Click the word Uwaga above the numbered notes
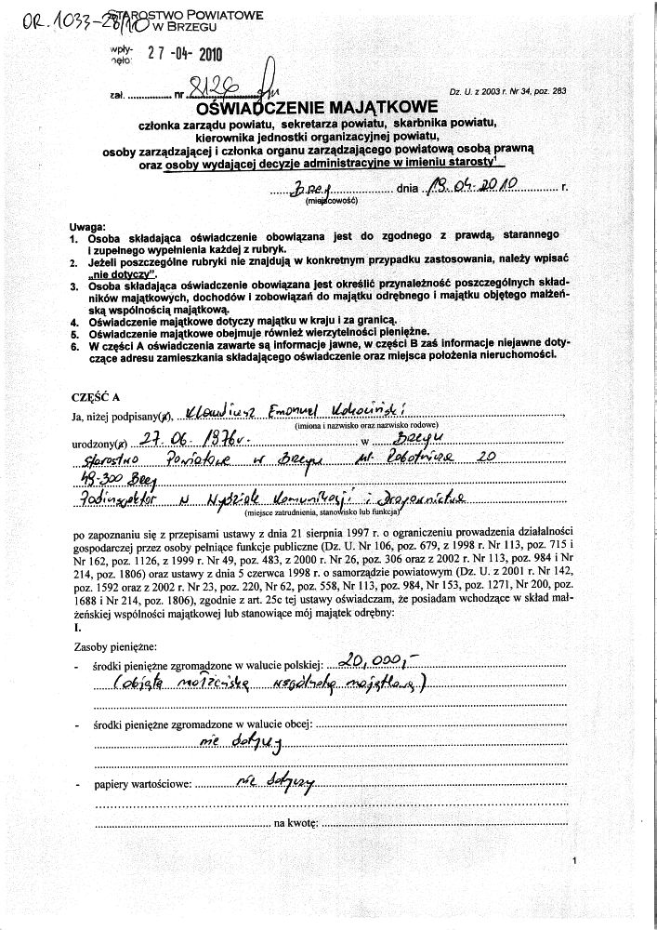(88, 228)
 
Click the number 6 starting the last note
(72, 343)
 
